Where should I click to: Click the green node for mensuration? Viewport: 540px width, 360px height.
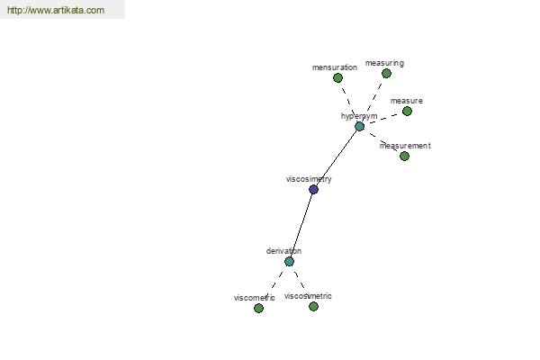[x=337, y=78]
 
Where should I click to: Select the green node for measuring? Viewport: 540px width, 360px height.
[x=386, y=74]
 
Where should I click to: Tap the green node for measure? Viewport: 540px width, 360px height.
[x=407, y=112]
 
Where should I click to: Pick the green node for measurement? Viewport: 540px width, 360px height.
[x=405, y=157]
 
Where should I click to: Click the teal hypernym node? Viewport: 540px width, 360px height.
[x=359, y=126]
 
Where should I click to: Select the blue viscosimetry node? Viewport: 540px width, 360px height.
[x=313, y=189]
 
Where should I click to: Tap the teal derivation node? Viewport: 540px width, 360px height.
[x=289, y=262]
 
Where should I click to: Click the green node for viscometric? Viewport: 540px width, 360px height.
[x=258, y=309]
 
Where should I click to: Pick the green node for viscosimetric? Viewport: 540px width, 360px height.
[x=313, y=306]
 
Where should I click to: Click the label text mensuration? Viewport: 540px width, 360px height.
[x=335, y=67]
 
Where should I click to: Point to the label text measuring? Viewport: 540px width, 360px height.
[x=384, y=63]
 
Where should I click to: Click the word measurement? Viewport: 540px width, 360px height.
[x=405, y=146]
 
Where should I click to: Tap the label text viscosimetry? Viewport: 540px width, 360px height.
[x=309, y=179]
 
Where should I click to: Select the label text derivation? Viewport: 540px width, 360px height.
[x=283, y=251]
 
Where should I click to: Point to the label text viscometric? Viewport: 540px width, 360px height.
[x=254, y=298]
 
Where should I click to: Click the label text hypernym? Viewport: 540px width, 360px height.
[x=359, y=116]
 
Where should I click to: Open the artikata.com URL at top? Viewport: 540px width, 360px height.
[x=56, y=10]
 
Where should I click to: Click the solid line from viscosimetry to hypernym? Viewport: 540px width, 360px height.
[x=337, y=157]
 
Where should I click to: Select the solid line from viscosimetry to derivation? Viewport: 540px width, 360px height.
[x=301, y=225]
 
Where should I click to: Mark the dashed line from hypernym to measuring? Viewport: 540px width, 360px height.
[x=373, y=100]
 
